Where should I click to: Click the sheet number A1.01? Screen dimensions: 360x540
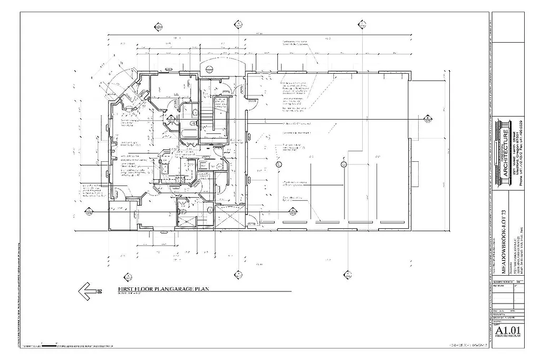[509, 330]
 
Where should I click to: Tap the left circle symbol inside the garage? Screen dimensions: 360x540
[279, 165]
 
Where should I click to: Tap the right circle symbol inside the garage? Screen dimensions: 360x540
[344, 165]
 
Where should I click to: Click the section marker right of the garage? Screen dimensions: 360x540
[426, 120]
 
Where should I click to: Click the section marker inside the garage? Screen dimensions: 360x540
[291, 211]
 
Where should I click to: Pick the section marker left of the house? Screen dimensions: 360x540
[89, 212]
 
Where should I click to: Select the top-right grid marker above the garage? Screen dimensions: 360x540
[362, 24]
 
